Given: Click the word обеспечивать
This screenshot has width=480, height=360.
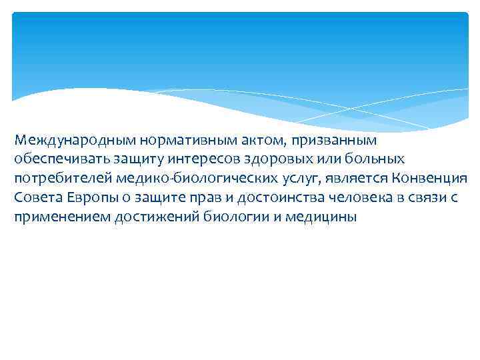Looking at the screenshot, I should [x=57, y=160].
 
